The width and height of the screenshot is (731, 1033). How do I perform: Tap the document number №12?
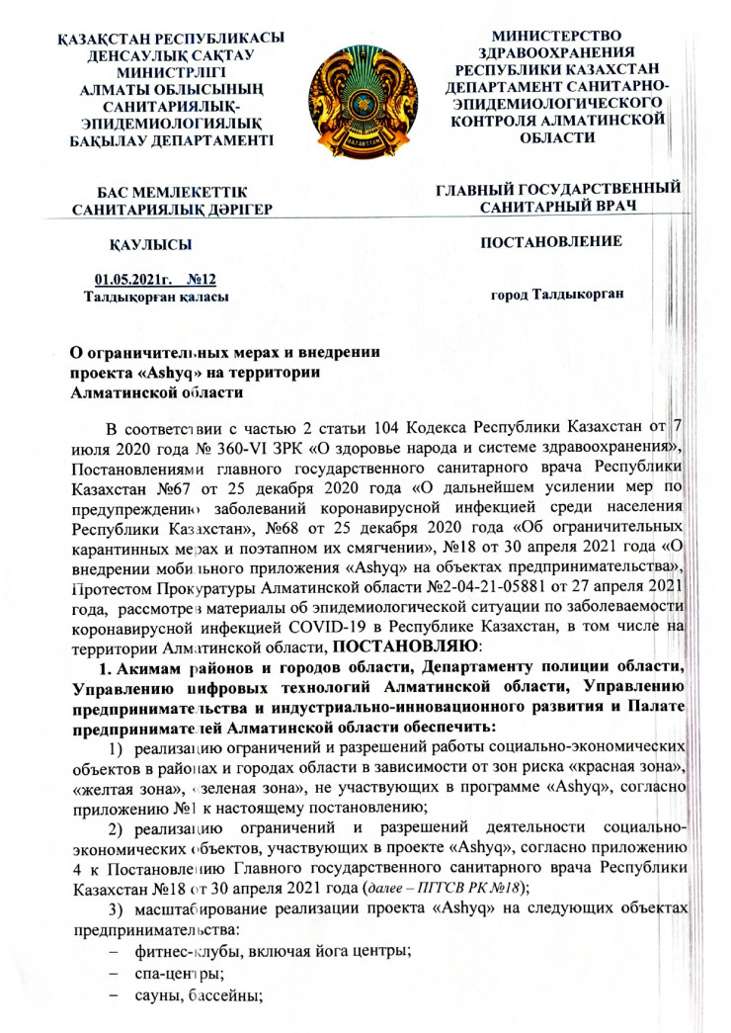click(x=202, y=280)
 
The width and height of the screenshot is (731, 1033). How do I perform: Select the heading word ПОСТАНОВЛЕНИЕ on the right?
click(x=551, y=240)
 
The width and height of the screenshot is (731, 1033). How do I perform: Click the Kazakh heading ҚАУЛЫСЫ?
click(x=149, y=243)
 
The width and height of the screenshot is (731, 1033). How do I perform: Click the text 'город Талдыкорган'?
click(x=558, y=294)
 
